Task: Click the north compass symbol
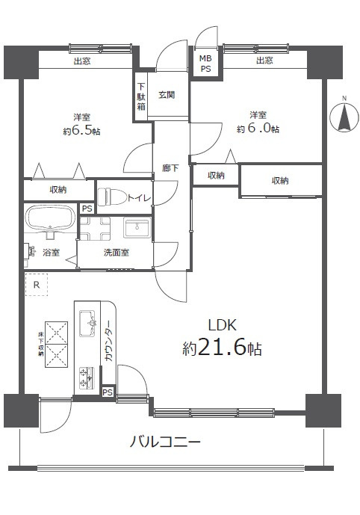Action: coord(344,117)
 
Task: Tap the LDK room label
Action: coord(222,324)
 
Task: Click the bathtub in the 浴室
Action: coord(49,221)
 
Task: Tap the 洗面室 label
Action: coord(116,253)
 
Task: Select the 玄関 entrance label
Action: coord(167,95)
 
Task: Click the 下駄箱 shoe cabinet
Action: coord(141,95)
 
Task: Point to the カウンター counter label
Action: coord(109,345)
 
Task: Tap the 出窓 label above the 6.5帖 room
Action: coord(82,61)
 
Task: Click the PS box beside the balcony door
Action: coord(108,392)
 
